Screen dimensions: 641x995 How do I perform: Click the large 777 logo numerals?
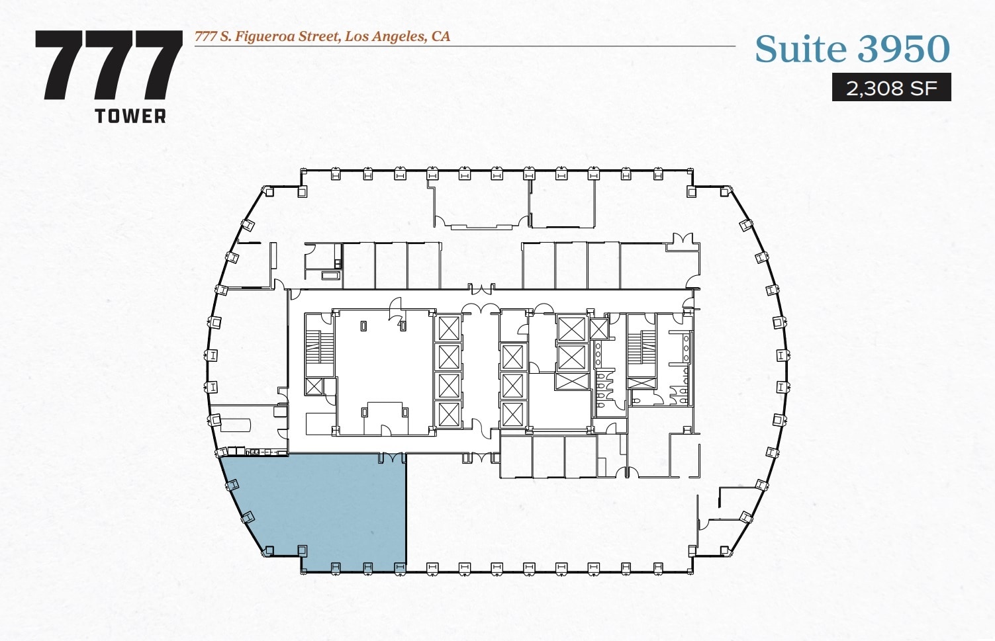(x=109, y=65)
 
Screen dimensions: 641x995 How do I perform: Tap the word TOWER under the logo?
(x=130, y=116)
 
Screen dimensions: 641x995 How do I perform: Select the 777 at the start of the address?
(x=205, y=36)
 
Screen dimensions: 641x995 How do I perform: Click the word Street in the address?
(x=319, y=36)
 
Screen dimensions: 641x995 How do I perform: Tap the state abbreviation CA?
(x=441, y=36)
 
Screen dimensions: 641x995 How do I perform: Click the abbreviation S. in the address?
(x=225, y=36)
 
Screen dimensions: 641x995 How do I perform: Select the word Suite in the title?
(x=802, y=49)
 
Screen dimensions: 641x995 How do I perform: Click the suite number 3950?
(x=904, y=49)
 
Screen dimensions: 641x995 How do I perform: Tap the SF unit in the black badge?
(x=924, y=88)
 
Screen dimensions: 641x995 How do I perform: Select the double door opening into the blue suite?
(x=391, y=458)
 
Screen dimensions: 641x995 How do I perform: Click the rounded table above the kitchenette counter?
(x=236, y=423)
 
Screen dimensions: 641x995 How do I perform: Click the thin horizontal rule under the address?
(x=463, y=46)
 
